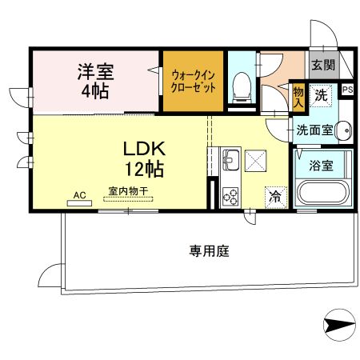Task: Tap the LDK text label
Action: pyautogui.click(x=145, y=149)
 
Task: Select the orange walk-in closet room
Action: pyautogui.click(x=194, y=81)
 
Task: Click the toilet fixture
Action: pyautogui.click(x=241, y=86)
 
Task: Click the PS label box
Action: pyautogui.click(x=347, y=90)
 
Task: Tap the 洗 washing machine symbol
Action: pyautogui.click(x=320, y=95)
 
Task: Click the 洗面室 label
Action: pyautogui.click(x=314, y=130)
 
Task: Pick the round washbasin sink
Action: pyautogui.click(x=344, y=130)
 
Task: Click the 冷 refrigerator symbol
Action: pyautogui.click(x=276, y=194)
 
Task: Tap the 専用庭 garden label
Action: pyautogui.click(x=210, y=251)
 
